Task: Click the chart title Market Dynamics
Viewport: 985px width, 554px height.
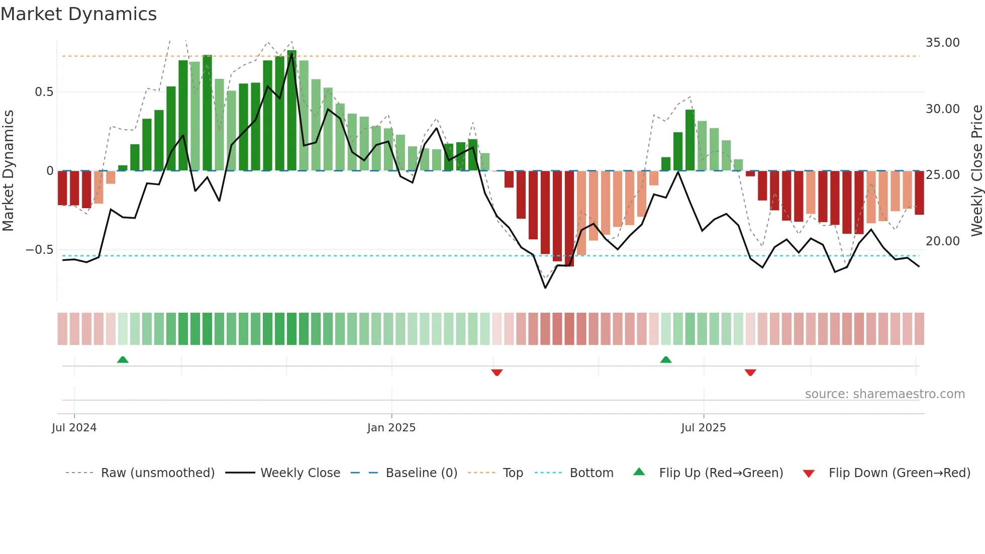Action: (78, 14)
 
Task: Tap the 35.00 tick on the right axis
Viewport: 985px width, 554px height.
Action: (942, 43)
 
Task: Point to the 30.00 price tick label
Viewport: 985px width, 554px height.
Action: (942, 109)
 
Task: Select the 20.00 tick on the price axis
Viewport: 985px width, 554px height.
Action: (942, 241)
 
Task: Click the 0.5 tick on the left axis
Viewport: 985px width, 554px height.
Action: (44, 92)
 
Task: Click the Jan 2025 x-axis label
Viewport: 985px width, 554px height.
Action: (391, 428)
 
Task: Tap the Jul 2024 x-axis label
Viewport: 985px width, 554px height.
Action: (74, 428)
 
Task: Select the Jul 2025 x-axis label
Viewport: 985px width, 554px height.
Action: (703, 428)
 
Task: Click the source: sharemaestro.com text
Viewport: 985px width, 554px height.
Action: (884, 394)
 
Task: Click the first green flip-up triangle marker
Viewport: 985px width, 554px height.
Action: (123, 359)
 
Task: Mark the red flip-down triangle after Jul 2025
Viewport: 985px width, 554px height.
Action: (750, 373)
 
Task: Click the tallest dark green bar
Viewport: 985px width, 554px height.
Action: (292, 111)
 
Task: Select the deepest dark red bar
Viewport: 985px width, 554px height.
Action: (569, 219)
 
